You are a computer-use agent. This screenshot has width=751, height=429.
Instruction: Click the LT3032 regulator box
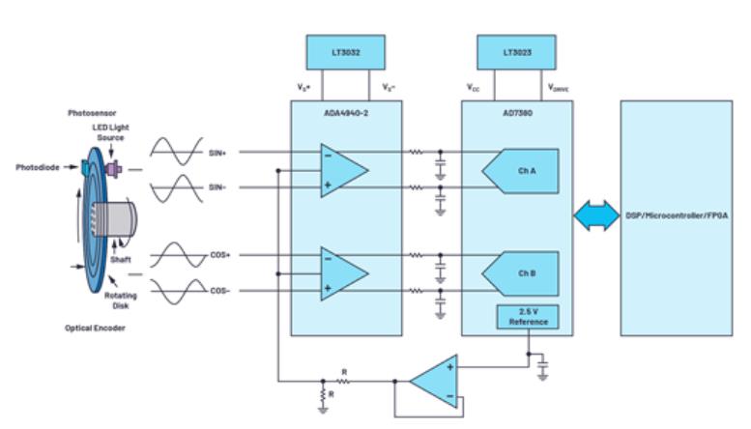(x=345, y=51)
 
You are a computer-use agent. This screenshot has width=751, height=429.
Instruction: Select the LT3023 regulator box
(x=516, y=51)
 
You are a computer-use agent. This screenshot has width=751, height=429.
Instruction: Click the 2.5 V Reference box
(x=526, y=316)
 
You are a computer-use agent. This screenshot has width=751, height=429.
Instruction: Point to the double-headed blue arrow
(x=595, y=217)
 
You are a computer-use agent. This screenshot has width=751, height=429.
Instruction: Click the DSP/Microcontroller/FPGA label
(x=676, y=216)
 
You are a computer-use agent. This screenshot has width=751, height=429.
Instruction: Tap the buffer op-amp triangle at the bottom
(x=434, y=381)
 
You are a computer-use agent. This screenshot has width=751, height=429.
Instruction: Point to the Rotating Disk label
(x=118, y=301)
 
